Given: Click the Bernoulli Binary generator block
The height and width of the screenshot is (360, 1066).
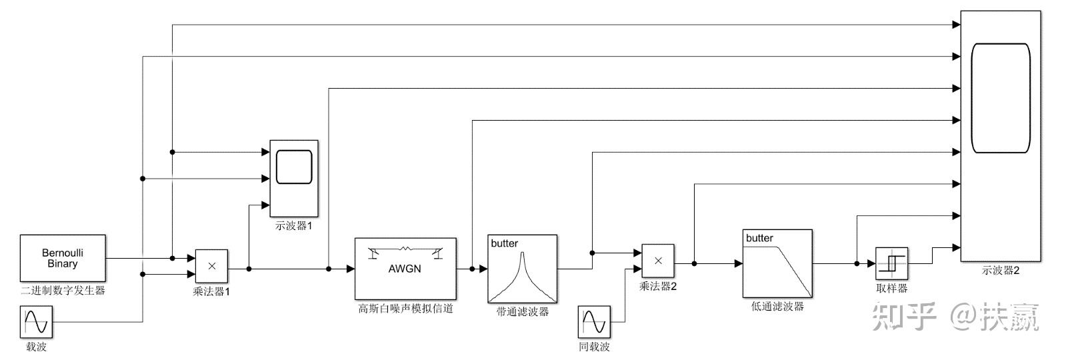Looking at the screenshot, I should click(x=63, y=258).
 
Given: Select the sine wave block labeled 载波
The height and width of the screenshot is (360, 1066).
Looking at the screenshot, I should click(x=36, y=322).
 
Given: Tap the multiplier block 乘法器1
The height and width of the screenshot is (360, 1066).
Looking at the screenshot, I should click(x=211, y=266).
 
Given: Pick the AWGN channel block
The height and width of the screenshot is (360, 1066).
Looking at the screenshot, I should click(x=405, y=268).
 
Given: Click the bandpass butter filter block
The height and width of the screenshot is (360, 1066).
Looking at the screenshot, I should click(x=522, y=269).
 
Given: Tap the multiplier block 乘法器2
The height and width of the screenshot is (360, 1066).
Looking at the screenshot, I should click(x=657, y=261).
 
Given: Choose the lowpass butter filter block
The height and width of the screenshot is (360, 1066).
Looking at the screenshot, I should click(x=777, y=263).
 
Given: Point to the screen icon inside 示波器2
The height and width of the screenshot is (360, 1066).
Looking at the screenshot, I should click(x=1001, y=98).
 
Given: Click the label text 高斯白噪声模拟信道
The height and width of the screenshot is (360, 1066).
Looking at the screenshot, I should click(x=405, y=309).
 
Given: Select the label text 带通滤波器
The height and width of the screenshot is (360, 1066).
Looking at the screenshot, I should click(x=522, y=311).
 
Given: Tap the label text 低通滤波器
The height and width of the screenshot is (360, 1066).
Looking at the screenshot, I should click(x=777, y=307).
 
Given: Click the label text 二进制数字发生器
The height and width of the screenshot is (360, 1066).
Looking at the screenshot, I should click(x=63, y=291).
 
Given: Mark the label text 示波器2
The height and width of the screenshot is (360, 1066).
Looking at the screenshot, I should click(x=1001, y=270).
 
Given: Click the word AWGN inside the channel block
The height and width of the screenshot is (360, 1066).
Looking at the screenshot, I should click(x=405, y=269).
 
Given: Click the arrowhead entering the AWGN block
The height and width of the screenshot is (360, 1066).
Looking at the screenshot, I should click(x=350, y=269).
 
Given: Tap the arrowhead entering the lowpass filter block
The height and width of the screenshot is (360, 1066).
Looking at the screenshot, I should click(x=739, y=264).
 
